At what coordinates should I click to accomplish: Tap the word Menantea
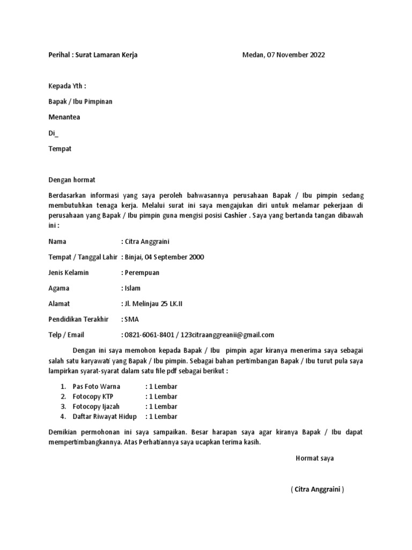point(64,117)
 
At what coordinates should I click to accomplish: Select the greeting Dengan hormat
point(71,180)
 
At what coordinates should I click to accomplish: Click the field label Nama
point(57,242)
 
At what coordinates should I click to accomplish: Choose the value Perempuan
point(142,273)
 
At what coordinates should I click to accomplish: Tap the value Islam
point(133,288)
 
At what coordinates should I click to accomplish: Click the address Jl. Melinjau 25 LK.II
point(153,304)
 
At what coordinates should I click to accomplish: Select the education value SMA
point(131,320)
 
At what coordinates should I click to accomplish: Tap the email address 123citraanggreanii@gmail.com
point(229,335)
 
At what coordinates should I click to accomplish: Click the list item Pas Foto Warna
point(97,386)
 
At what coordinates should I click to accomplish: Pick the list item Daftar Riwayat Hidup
point(105,416)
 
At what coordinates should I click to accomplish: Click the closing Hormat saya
point(315,458)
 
